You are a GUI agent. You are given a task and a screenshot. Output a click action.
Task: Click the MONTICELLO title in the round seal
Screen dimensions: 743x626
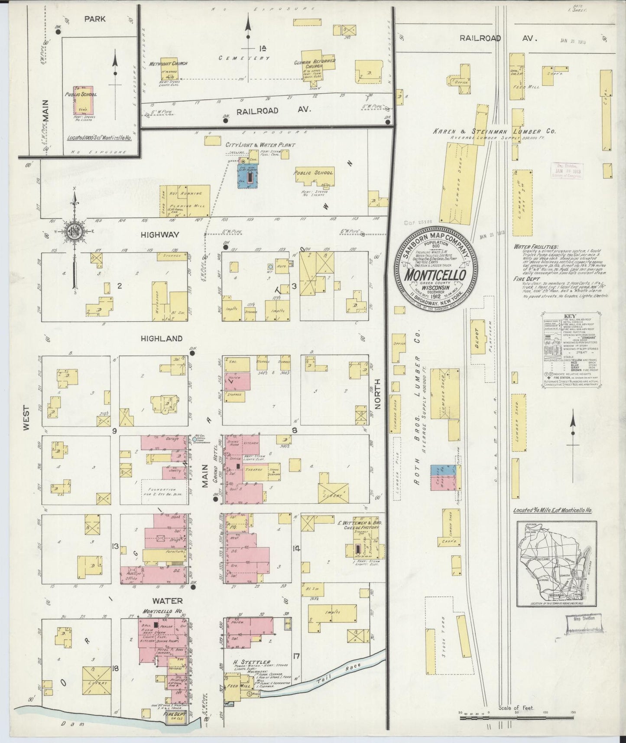[x=435, y=275]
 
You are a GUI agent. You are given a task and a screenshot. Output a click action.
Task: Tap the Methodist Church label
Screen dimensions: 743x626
[x=168, y=63]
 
